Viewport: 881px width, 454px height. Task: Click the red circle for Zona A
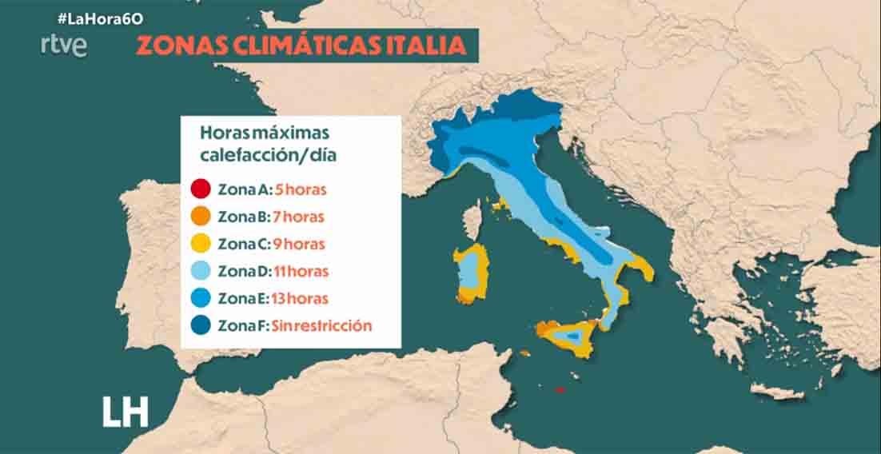(201, 190)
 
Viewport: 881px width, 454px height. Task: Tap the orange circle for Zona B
(201, 217)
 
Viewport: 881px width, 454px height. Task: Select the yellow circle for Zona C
(201, 244)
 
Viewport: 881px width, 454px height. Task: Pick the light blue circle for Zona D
(201, 271)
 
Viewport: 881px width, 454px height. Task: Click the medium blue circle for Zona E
(201, 298)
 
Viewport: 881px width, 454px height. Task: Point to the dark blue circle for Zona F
(201, 325)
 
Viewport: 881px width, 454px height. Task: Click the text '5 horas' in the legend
(301, 190)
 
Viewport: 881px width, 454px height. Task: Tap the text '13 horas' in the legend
(301, 298)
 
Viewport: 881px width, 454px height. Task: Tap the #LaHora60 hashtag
(94, 17)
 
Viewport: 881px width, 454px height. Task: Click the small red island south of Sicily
(560, 389)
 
